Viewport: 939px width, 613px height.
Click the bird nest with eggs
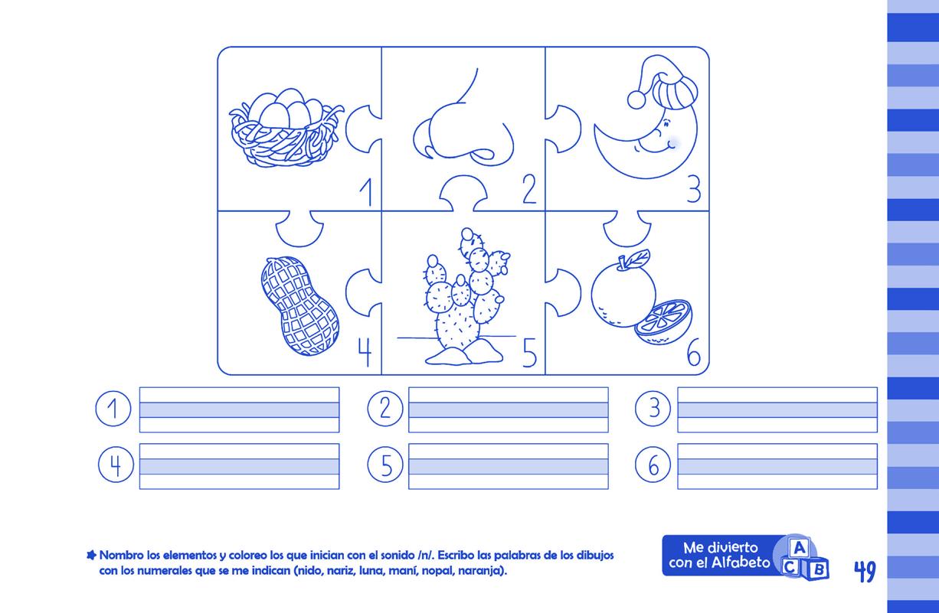(x=286, y=127)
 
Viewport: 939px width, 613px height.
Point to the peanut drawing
(x=299, y=306)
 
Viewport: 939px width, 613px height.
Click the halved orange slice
(x=663, y=322)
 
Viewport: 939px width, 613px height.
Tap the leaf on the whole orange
(x=637, y=257)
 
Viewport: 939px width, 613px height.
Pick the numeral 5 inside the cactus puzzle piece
(x=530, y=353)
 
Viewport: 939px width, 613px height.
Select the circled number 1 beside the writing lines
(x=113, y=409)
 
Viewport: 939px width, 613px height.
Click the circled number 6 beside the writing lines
(x=653, y=465)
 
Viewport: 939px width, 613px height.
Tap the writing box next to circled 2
(x=509, y=409)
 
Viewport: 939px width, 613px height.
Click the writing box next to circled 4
(x=240, y=466)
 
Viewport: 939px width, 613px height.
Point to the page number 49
(x=865, y=571)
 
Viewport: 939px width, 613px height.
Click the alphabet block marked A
(x=799, y=548)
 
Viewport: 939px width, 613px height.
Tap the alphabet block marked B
(x=817, y=569)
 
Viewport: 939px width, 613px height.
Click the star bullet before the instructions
(x=91, y=556)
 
